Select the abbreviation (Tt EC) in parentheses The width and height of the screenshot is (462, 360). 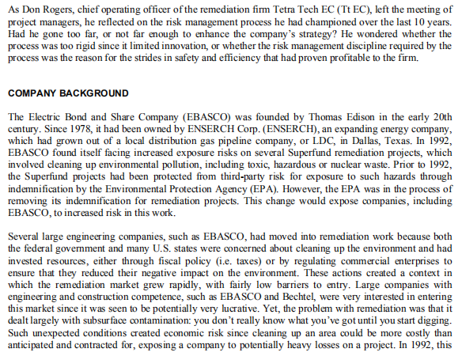pos(371,9)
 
